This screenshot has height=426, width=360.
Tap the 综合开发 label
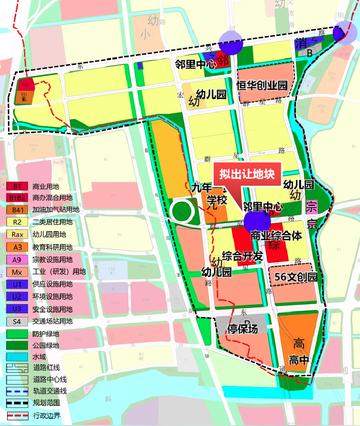click(241, 256)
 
